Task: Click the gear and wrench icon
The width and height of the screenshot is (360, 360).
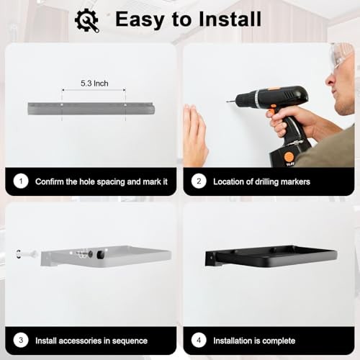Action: [87, 20]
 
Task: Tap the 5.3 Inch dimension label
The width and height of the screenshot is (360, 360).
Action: [94, 84]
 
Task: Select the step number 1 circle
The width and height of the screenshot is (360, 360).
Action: [21, 181]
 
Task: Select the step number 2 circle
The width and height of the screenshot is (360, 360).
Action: [199, 181]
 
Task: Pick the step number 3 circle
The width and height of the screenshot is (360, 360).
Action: [21, 340]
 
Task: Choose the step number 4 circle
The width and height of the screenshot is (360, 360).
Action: [199, 340]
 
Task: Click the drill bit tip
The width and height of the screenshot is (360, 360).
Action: [227, 102]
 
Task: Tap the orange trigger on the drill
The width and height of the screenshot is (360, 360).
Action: [271, 112]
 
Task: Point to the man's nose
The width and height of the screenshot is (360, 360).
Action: [330, 80]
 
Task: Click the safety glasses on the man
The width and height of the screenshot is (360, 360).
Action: [341, 55]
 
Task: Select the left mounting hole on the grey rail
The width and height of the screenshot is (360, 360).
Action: [62, 105]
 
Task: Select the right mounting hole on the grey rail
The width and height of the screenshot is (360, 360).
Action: [125, 105]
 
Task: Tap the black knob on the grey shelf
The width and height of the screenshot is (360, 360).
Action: [100, 255]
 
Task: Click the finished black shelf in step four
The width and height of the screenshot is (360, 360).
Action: [271, 256]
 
